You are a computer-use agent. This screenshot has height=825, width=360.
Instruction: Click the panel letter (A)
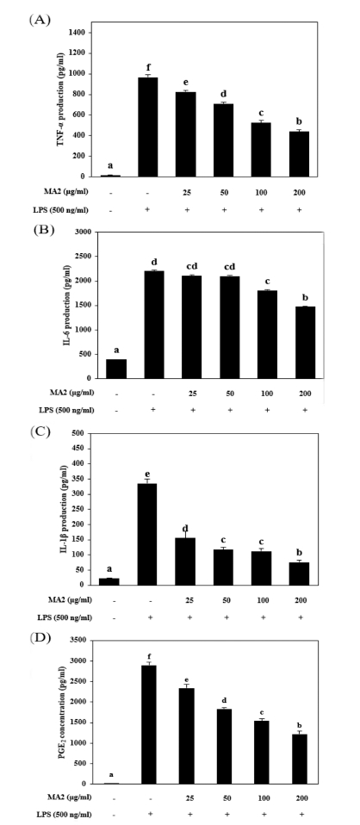[40, 18]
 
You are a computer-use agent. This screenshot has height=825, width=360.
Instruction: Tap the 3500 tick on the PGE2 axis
[78, 640]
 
